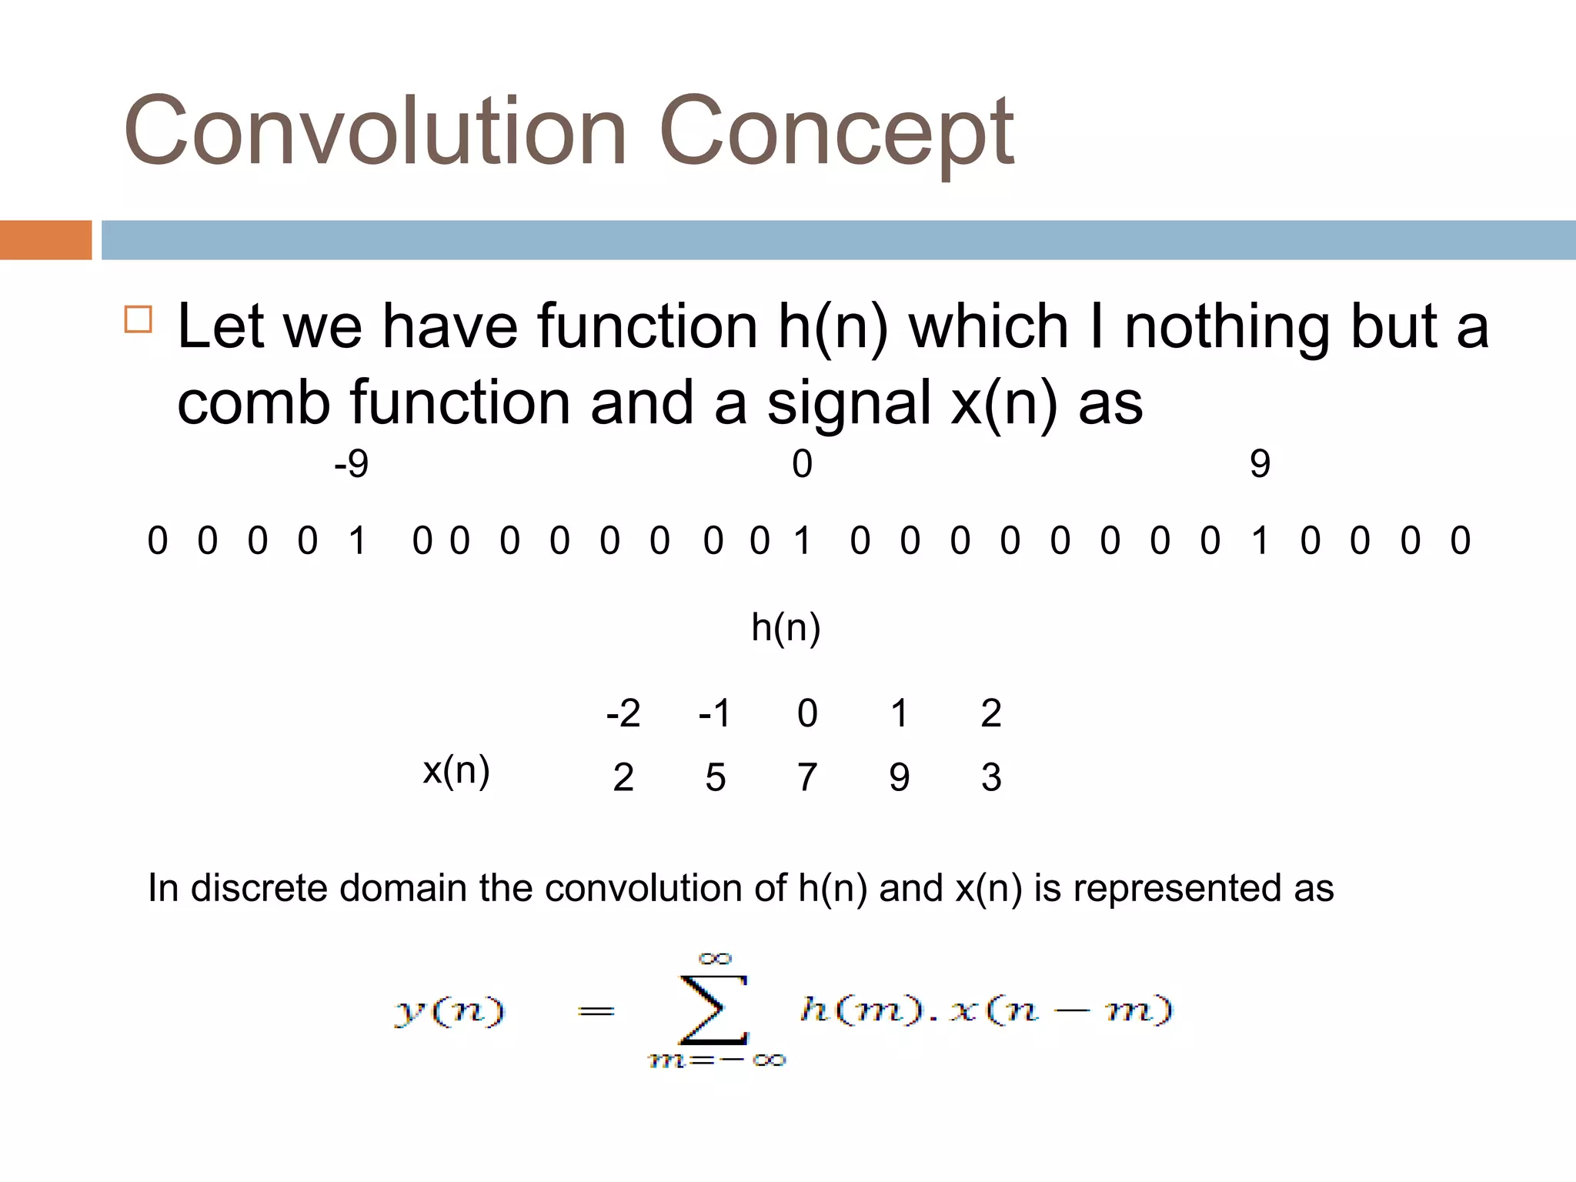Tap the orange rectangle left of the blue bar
point(45,240)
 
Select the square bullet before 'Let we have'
point(139,319)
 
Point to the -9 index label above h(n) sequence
point(351,464)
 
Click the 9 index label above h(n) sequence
point(1260,464)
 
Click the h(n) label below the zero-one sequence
point(786,627)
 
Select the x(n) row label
point(456,770)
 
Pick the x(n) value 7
point(806,777)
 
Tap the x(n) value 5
point(715,777)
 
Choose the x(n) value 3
point(991,777)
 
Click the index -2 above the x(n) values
point(623,713)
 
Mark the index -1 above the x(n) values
point(714,713)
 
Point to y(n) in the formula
point(450,1010)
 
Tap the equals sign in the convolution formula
point(596,1011)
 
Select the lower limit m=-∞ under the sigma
point(716,1061)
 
